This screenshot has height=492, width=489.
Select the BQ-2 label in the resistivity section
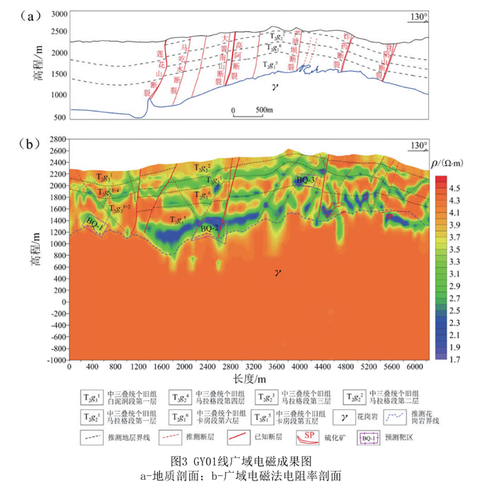tap(209, 229)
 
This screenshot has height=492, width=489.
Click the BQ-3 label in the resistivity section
tap(306, 180)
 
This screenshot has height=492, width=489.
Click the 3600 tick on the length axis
tap(277, 366)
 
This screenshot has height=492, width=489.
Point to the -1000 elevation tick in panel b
tap(54, 360)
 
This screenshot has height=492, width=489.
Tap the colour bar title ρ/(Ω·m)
tap(450, 162)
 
